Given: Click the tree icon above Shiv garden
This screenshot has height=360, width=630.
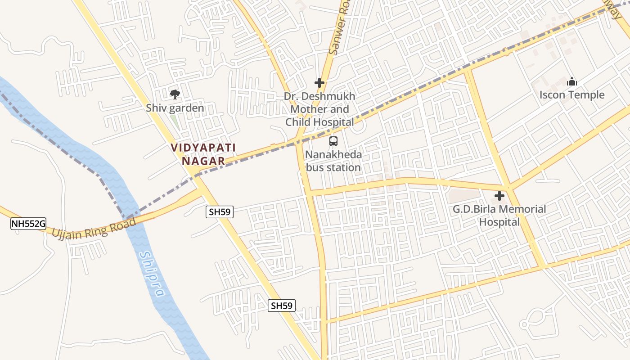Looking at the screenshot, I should pyautogui.click(x=175, y=94).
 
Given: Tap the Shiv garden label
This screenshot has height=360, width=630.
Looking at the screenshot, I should pyautogui.click(x=175, y=108).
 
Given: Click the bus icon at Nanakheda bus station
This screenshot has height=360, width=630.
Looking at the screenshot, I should pyautogui.click(x=333, y=141).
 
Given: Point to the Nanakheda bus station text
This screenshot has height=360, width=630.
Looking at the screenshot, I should pyautogui.click(x=333, y=161).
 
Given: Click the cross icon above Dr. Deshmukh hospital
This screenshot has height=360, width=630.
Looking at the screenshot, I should pyautogui.click(x=319, y=83).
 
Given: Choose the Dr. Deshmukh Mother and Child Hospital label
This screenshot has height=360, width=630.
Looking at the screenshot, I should pyautogui.click(x=320, y=109).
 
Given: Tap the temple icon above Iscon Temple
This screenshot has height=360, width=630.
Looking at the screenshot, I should pyautogui.click(x=572, y=82).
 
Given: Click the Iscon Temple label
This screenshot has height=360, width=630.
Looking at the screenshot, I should pyautogui.click(x=572, y=95).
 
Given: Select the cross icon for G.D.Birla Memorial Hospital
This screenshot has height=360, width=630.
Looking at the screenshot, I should pyautogui.click(x=499, y=196).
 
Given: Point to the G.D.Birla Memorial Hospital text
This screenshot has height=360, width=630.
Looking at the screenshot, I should pyautogui.click(x=499, y=216).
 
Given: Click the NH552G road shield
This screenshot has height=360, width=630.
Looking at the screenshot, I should pyautogui.click(x=28, y=224).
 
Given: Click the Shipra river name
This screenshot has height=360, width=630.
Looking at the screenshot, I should pyautogui.click(x=152, y=274).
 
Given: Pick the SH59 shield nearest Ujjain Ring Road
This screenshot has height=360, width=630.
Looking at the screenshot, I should pyautogui.click(x=220, y=212).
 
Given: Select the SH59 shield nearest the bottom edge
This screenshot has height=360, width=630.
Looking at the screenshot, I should pyautogui.click(x=282, y=306).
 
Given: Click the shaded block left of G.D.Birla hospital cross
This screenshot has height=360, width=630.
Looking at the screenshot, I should pyautogui.click(x=464, y=195).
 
